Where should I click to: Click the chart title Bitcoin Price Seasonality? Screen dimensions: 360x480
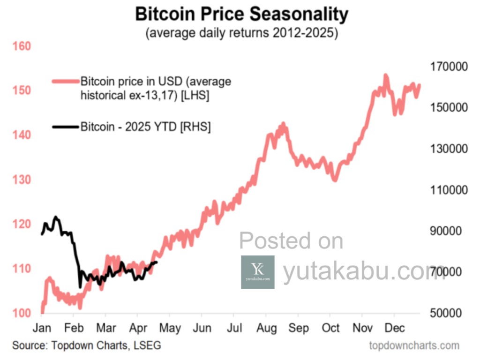click(x=241, y=15)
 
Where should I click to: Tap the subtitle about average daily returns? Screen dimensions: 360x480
click(x=241, y=34)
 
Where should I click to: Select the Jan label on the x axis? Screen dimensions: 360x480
click(x=42, y=328)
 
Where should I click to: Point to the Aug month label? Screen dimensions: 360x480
click(x=265, y=328)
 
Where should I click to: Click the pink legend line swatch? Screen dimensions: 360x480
click(x=65, y=82)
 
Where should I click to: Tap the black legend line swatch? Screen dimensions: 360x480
click(x=65, y=127)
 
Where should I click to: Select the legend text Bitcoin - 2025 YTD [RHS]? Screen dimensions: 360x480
click(x=145, y=127)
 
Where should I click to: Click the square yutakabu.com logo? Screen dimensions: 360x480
click(x=257, y=272)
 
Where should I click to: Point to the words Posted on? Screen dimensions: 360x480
click(x=291, y=241)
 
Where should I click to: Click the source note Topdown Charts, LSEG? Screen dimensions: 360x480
click(x=87, y=346)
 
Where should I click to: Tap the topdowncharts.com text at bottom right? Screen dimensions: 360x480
click(x=414, y=346)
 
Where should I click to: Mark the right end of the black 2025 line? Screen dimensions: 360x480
click(x=157, y=262)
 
